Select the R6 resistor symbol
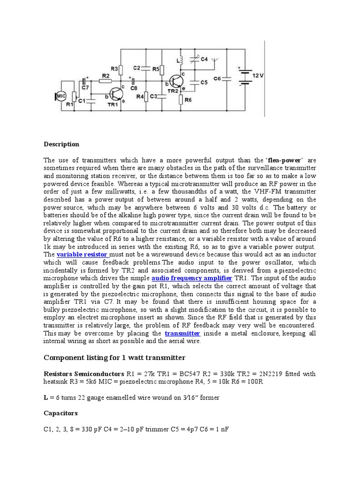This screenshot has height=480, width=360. pos(181,99)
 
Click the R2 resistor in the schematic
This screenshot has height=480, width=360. pos(106,81)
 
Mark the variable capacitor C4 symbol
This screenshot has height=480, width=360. pos(194,60)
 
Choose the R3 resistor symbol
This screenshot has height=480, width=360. pos(121,69)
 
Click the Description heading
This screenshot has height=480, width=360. pos(61,144)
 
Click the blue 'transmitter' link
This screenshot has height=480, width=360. pos(183,333)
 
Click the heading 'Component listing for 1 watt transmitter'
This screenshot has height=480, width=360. pos(114,358)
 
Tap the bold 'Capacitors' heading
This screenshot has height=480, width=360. pos(60,413)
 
